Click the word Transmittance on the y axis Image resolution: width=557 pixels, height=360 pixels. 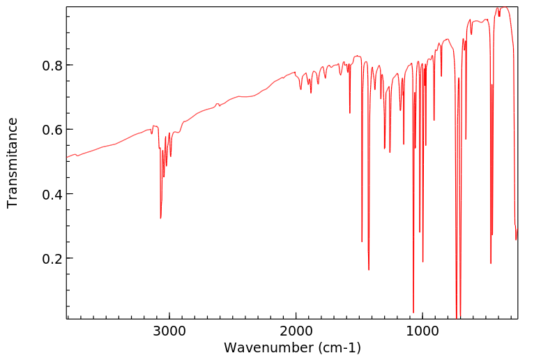[x=13, y=163]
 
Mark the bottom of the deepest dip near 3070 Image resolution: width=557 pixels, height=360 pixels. [x=161, y=218]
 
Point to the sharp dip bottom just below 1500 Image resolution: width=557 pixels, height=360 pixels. [x=362, y=241]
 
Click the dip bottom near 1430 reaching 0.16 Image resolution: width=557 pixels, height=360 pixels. [x=369, y=269]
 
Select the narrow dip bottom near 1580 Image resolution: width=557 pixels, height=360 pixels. [x=350, y=112]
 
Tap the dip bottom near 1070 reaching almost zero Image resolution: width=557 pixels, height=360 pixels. [x=413, y=312]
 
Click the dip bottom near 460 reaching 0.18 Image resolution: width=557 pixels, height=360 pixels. [x=491, y=263]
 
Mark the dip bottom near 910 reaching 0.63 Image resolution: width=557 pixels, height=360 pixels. [x=434, y=121]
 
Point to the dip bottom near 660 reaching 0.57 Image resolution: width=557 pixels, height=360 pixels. [x=466, y=139]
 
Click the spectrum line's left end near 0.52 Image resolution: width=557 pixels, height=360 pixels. [x=68, y=157]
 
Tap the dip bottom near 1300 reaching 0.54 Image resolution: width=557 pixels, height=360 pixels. [x=385, y=149]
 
